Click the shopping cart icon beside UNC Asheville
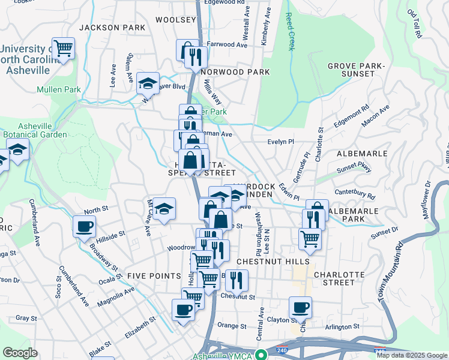63,48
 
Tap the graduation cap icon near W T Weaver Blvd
147,84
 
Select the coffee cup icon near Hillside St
84,226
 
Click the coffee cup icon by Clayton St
300,308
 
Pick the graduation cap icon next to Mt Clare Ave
164,209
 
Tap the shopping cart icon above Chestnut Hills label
310,238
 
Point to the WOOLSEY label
176,20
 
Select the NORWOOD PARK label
235,71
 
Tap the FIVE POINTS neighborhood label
154,275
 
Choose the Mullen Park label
58,89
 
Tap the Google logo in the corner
20,353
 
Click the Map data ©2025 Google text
412,355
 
